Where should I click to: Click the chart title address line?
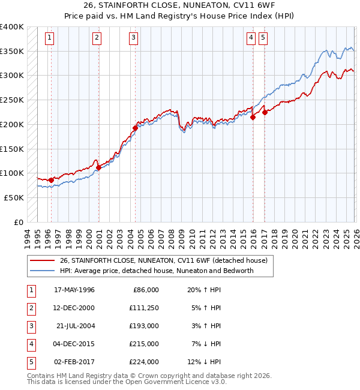(179, 6)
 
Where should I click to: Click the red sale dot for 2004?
(135, 127)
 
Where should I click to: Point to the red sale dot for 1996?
(51, 179)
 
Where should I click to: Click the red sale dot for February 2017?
(265, 112)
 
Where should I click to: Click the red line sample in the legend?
(43, 260)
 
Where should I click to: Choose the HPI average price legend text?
(157, 271)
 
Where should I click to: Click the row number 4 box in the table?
(29, 344)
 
